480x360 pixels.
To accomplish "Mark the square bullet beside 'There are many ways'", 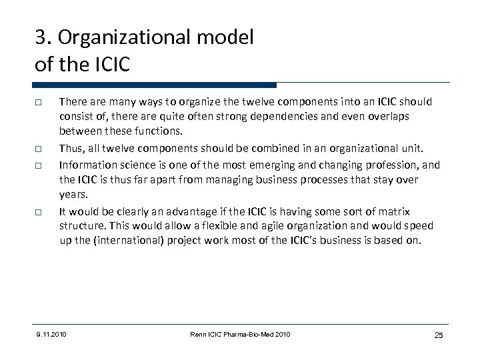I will [41, 102].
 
